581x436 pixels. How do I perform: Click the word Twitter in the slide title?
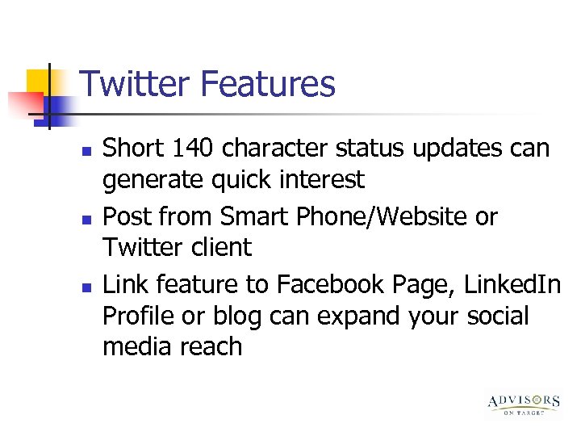pos(133,84)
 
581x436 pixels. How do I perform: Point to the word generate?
pos(149,180)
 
